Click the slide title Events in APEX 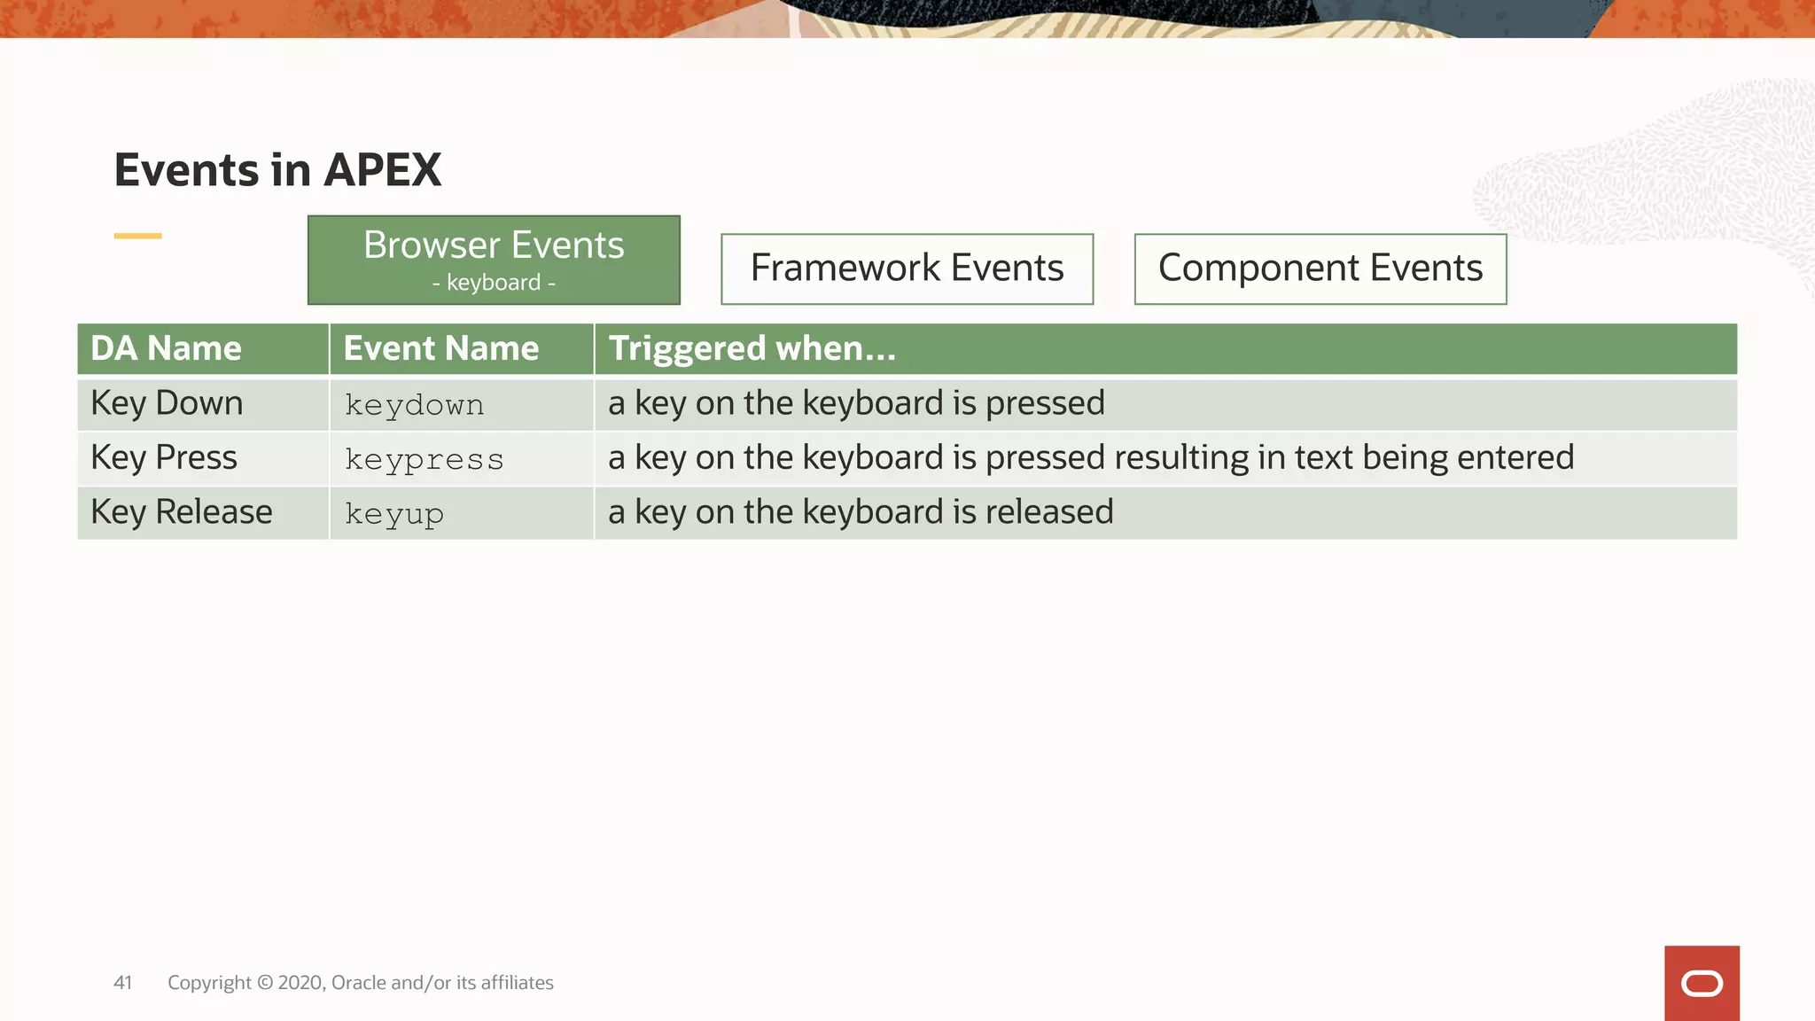tap(277, 169)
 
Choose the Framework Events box tap(907, 269)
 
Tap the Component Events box tap(1320, 269)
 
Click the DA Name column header tap(166, 348)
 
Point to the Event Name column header tap(440, 348)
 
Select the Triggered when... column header tap(752, 348)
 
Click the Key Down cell tap(167, 404)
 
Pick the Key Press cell tap(164, 458)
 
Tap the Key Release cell tap(182, 512)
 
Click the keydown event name tap(414, 406)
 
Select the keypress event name tap(424, 460)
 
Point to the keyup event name tap(393, 514)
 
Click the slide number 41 tap(122, 983)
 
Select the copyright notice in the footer tap(361, 983)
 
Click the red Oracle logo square tap(1702, 983)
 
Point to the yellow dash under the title tap(137, 236)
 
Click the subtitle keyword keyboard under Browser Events tap(494, 283)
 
